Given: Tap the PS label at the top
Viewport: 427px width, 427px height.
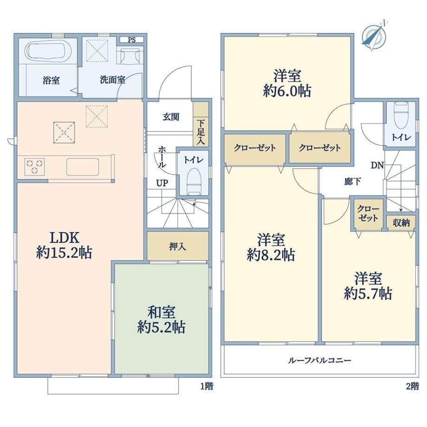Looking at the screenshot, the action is tap(131, 40).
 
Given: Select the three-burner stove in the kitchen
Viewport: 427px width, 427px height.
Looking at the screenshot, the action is tap(34, 166).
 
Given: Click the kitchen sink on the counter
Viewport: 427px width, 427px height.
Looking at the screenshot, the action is tap(83, 167).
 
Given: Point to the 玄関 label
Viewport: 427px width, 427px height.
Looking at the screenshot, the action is tap(171, 117).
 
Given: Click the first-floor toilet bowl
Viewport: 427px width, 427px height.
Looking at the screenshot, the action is tap(194, 181).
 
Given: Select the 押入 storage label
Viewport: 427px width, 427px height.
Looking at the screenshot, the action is tap(177, 246).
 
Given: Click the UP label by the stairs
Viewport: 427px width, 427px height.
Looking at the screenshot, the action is tap(162, 183).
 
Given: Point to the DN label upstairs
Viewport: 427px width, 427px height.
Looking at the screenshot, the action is tap(377, 165).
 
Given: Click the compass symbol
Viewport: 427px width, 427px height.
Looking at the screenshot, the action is tap(374, 36).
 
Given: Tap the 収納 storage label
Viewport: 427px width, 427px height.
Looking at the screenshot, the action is tap(401, 222).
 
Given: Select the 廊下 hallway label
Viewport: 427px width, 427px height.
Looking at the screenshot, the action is tap(353, 181).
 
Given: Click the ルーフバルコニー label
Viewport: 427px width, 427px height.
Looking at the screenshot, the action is tap(320, 360).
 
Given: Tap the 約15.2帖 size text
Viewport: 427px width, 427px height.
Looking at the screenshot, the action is tap(64, 252).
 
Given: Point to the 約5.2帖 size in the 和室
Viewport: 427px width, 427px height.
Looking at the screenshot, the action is tap(161, 327).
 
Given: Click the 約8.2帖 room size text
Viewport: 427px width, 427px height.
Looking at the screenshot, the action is tap(271, 255).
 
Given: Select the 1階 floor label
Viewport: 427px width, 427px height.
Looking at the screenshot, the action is tap(207, 386).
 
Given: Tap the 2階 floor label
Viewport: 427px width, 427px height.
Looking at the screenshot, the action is tap(412, 386).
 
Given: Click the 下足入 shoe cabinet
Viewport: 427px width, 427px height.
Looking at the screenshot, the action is tap(201, 124).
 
